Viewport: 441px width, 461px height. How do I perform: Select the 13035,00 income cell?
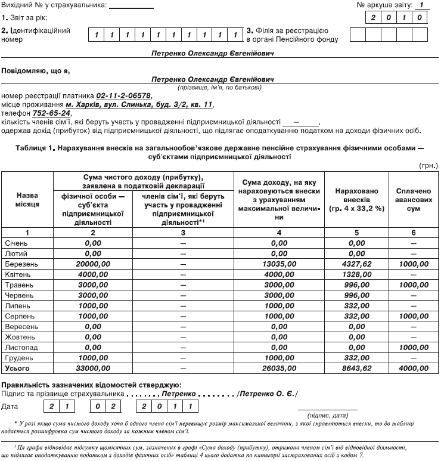279,263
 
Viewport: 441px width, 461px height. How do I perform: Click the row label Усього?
17,368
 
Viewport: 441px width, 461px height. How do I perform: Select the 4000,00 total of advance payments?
413,368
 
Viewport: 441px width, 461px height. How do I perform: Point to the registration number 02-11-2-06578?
123,95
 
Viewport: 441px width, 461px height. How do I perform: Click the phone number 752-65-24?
53,113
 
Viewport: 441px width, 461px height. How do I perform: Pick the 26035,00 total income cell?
279,368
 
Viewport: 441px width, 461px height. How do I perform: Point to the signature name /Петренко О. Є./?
267,394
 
